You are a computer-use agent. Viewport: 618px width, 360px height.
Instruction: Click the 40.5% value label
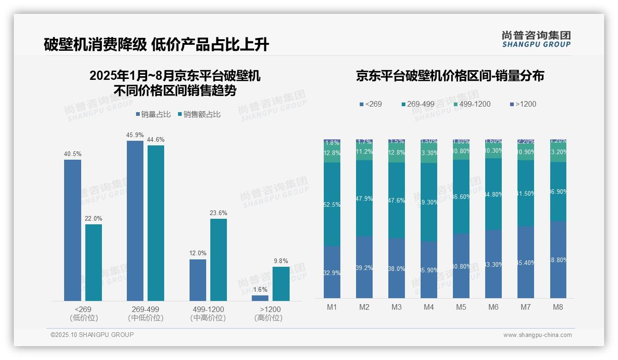(x=72, y=154)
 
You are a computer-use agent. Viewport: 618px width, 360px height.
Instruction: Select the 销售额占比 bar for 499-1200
(x=219, y=260)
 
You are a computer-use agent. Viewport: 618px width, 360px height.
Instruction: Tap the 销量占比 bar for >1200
(x=260, y=298)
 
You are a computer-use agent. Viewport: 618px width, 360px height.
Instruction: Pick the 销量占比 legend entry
(x=154, y=114)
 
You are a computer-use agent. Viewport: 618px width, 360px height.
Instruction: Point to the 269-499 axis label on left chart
(x=146, y=309)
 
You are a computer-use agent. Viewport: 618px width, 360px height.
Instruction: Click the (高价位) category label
(x=268, y=318)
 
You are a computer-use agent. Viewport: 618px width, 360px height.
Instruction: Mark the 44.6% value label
(x=156, y=139)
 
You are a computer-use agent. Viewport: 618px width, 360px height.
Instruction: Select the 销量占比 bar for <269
(x=72, y=230)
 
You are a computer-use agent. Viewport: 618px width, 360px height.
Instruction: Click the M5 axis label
(x=461, y=307)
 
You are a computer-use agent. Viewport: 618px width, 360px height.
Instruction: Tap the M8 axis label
(x=558, y=307)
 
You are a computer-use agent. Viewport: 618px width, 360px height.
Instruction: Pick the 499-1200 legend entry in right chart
(x=472, y=104)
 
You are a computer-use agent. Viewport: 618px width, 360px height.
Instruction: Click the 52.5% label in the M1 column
(x=332, y=204)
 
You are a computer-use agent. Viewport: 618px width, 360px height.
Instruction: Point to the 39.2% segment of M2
(x=364, y=267)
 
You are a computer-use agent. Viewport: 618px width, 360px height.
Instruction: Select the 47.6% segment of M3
(x=397, y=200)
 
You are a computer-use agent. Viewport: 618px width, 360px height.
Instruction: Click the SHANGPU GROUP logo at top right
(x=536, y=39)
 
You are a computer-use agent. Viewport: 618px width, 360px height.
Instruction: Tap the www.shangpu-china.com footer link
(x=537, y=335)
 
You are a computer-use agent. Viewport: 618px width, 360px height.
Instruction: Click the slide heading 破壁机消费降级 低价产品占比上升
(x=156, y=44)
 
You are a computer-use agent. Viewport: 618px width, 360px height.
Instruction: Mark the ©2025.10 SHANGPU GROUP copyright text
(x=92, y=335)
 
